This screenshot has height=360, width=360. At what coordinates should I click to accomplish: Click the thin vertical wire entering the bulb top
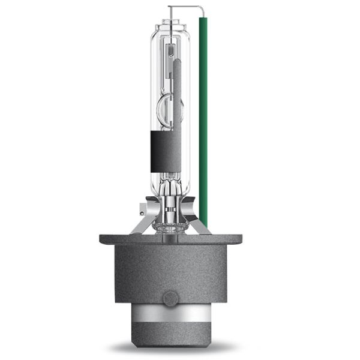pyautogui.click(x=170, y=15)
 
